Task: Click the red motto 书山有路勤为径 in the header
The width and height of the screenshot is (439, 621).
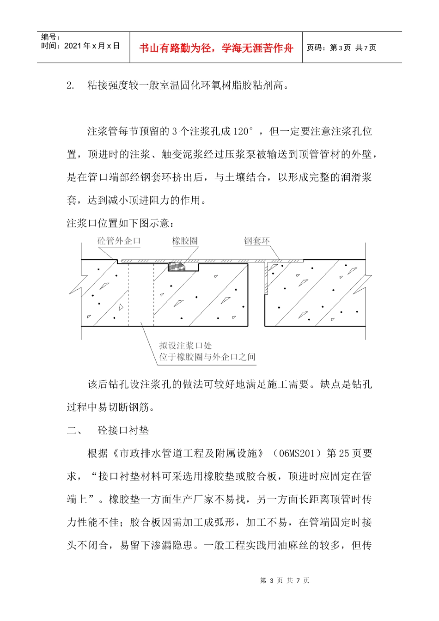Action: pyautogui.click(x=216, y=48)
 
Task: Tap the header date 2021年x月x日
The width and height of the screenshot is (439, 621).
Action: pyautogui.click(x=80, y=46)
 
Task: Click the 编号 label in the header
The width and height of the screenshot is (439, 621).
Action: pyautogui.click(x=50, y=37)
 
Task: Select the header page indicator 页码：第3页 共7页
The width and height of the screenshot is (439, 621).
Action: pyautogui.click(x=341, y=48)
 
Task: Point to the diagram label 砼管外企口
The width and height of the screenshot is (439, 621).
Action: pyautogui.click(x=119, y=241)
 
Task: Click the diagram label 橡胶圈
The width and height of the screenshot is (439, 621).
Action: pyautogui.click(x=185, y=241)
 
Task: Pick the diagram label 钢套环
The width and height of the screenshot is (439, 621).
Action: pyautogui.click(x=257, y=241)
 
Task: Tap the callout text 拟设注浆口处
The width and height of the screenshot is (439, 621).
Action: pyautogui.click(x=186, y=345)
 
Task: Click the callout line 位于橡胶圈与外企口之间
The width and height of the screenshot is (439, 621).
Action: pyautogui.click(x=207, y=356)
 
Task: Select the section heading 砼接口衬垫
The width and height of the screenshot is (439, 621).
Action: pyautogui.click(x=123, y=431)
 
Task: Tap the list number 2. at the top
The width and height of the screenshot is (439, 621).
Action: pyautogui.click(x=70, y=85)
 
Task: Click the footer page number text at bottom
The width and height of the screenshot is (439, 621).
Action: pyautogui.click(x=285, y=580)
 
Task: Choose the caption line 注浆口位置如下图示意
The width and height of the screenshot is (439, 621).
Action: pyautogui.click(x=121, y=224)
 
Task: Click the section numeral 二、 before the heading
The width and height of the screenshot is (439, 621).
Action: pyautogui.click(x=74, y=431)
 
